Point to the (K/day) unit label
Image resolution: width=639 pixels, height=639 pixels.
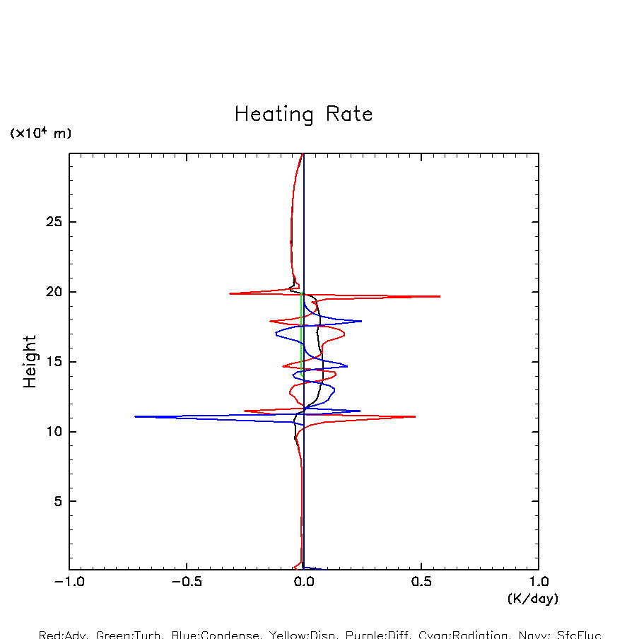pos(533,599)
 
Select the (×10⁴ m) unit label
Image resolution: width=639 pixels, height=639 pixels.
pos(40,133)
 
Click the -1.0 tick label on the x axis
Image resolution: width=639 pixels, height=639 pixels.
pos(69,582)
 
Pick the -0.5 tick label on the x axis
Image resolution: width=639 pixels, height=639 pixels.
pos(187,582)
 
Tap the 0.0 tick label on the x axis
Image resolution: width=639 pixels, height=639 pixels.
pos(304,582)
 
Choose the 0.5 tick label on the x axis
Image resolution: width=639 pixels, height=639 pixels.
pos(421,582)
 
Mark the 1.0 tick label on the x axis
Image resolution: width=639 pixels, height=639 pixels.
pos(539,582)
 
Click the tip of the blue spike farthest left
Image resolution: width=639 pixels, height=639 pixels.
pos(135,416)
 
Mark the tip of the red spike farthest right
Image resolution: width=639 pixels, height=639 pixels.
pos(440,296)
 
